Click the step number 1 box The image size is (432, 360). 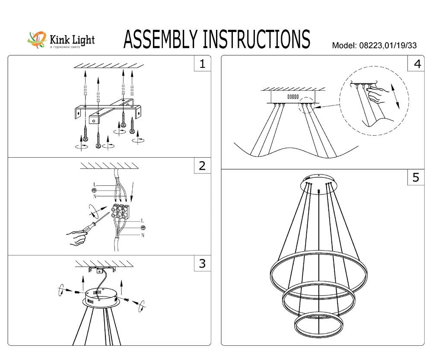[x=202, y=64]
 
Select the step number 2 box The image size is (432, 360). [x=202, y=166]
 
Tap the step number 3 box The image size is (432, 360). [x=202, y=263]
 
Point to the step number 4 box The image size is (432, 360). [x=416, y=64]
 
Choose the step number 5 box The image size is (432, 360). [x=416, y=177]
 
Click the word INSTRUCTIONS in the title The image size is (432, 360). [x=256, y=39]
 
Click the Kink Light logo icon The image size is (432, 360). [x=38, y=40]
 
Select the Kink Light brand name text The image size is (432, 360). [x=72, y=40]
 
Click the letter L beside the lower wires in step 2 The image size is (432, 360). [x=143, y=221]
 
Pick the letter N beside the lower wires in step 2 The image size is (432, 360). [x=143, y=235]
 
